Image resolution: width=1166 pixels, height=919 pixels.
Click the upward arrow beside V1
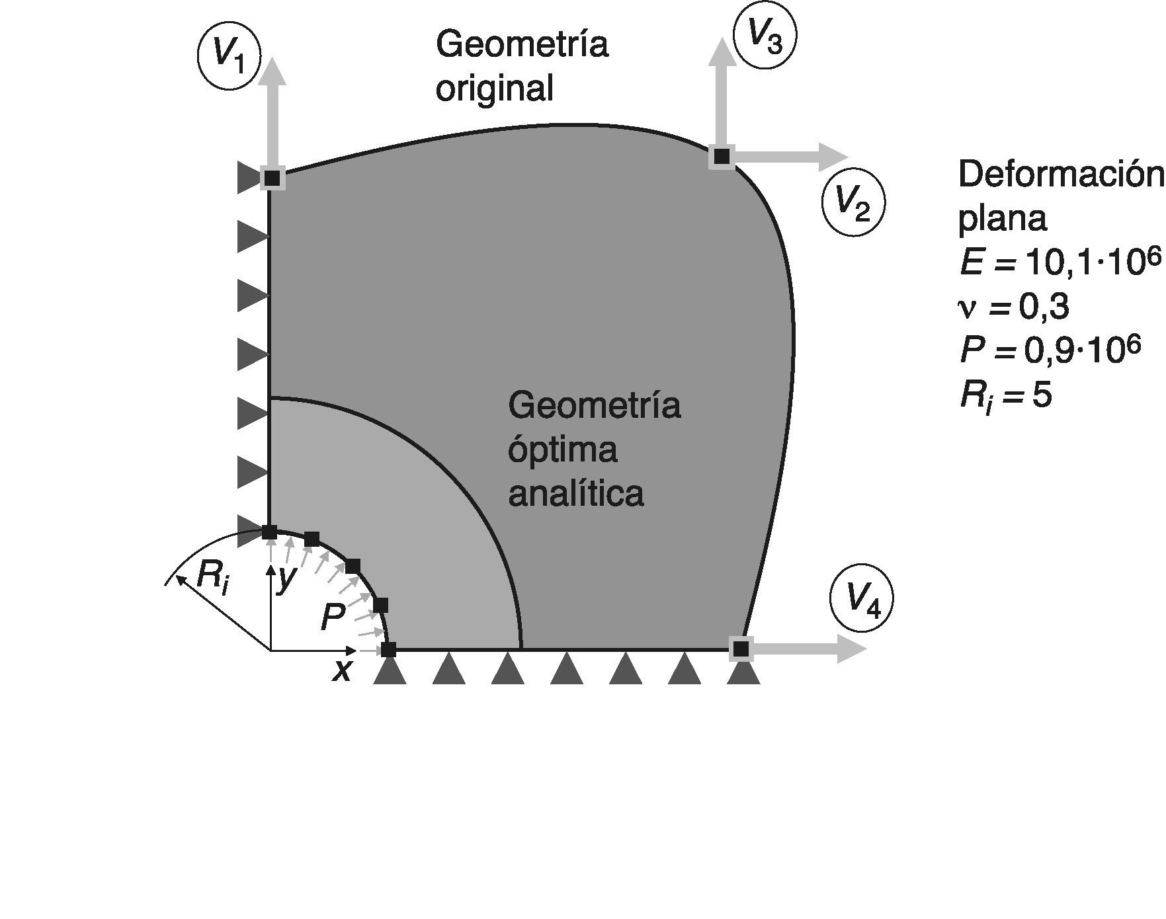[271, 112]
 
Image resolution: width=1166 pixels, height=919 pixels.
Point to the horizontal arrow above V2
[787, 157]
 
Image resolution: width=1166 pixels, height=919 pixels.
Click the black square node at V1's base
[272, 178]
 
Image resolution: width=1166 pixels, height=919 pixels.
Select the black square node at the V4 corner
[741, 648]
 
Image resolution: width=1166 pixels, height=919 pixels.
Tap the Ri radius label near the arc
[213, 577]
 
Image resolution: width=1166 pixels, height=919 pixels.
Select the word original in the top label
[494, 88]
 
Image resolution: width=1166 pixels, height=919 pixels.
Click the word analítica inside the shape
[575, 494]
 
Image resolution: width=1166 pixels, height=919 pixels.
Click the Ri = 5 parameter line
[1005, 397]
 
